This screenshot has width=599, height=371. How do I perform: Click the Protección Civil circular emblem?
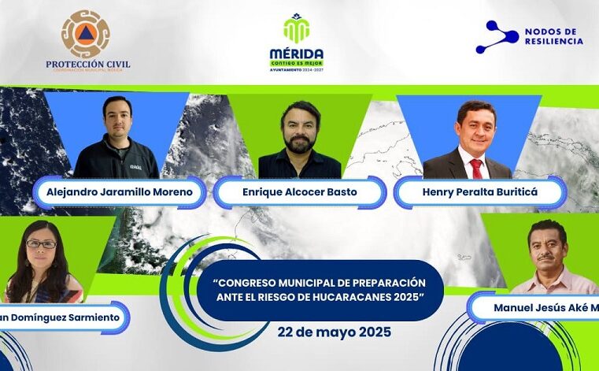86,33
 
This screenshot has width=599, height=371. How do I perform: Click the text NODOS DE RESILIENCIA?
553,36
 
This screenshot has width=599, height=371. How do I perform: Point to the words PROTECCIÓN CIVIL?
87,64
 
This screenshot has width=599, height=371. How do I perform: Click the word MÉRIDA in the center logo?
296,53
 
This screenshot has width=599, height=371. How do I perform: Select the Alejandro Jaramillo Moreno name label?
119,192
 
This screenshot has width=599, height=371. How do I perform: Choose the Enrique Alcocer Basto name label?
300,192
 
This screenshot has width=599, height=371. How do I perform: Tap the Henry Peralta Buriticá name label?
480,192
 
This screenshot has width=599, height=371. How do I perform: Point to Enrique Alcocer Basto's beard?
299,144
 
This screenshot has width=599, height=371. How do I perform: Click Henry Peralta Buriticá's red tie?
475,168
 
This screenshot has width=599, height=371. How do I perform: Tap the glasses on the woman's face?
41,244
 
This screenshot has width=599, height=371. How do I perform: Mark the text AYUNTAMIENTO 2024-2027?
296,69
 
